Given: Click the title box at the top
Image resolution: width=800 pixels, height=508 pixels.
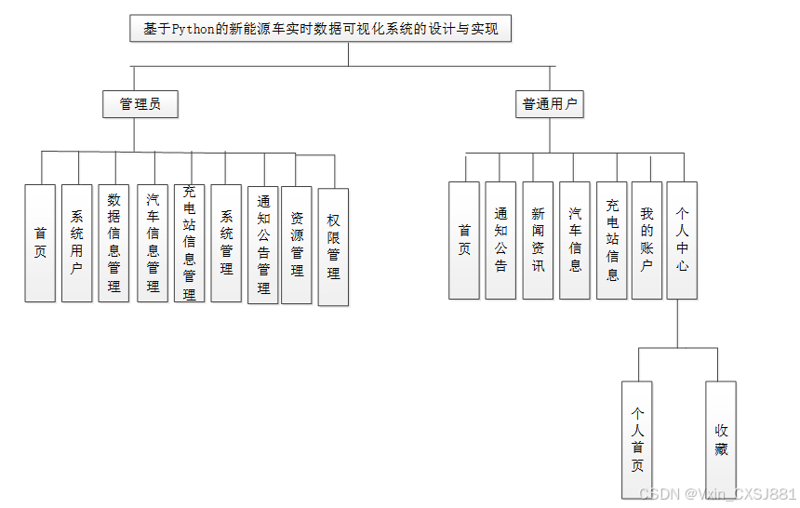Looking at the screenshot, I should tap(321, 29).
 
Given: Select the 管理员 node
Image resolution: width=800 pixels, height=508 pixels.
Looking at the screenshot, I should tap(140, 104).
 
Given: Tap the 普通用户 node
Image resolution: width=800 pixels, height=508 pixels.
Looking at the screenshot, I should tap(550, 104).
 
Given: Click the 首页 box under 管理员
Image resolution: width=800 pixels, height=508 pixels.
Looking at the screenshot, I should tap(40, 242).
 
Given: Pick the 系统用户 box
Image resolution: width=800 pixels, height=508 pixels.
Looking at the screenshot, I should tap(77, 242).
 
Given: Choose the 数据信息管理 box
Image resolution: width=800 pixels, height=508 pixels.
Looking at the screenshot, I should tap(113, 242).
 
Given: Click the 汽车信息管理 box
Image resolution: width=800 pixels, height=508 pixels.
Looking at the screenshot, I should tap(153, 242).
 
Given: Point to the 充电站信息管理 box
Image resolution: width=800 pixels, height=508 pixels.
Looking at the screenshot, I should tap(189, 242).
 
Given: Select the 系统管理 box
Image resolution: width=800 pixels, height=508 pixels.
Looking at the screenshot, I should tap(226, 242).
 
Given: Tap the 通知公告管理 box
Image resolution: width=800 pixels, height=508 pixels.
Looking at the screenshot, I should tap(263, 244).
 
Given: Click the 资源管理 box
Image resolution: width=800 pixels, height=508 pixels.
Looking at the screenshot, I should tap(297, 244).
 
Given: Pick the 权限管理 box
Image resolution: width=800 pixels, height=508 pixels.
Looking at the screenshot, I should tap(333, 247).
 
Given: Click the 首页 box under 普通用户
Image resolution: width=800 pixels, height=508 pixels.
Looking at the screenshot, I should tap(464, 240).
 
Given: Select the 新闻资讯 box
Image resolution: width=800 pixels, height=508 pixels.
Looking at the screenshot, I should tap(538, 240).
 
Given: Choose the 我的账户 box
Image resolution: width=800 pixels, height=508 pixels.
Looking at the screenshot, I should tap(647, 240).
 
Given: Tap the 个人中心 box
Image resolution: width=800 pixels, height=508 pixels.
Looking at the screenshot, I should tap(682, 240).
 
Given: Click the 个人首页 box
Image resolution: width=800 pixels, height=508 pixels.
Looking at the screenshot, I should tap(637, 438).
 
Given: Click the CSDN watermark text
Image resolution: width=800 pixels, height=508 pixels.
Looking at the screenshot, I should tap(717, 494).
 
